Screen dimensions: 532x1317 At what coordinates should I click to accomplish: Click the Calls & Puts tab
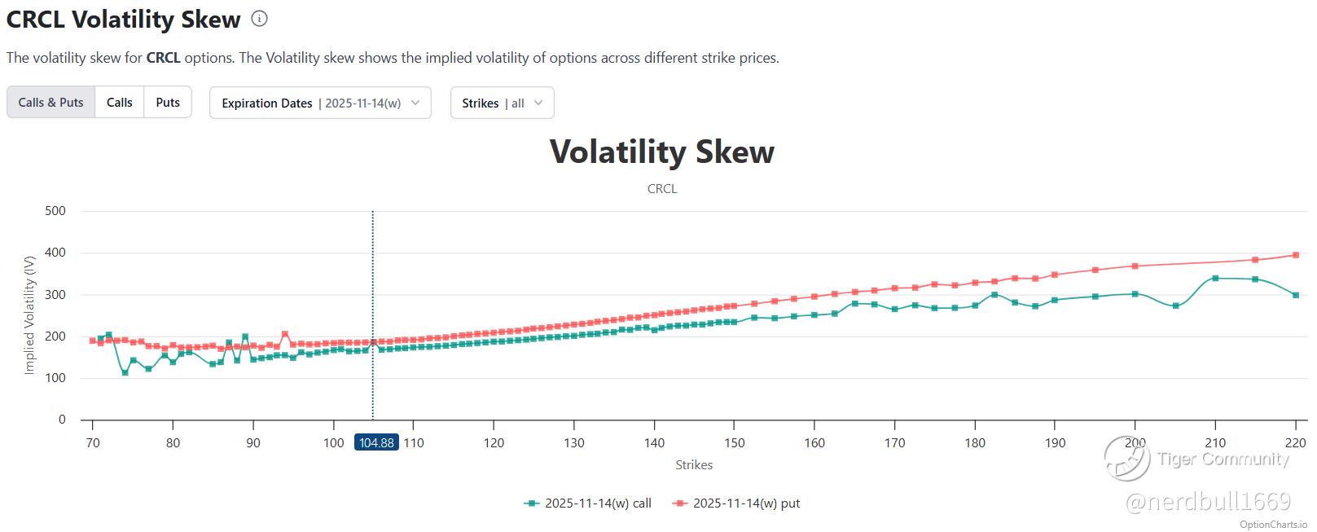point(50,103)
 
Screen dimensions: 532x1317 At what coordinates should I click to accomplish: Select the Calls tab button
point(119,103)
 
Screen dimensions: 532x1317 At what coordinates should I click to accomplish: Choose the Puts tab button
point(168,103)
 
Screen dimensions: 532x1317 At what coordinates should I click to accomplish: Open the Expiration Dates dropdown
point(320,103)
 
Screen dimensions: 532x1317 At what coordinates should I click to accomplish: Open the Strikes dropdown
point(502,103)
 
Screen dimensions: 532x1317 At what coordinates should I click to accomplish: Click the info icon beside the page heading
point(259,19)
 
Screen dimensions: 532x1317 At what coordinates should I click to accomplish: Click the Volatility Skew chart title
point(661,152)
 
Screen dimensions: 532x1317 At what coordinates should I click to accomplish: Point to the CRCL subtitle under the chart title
point(661,188)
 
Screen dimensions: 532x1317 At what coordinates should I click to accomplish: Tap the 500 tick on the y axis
point(55,211)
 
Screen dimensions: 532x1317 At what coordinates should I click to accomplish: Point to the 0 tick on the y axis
point(62,420)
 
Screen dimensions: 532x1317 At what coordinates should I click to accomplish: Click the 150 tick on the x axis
point(734,442)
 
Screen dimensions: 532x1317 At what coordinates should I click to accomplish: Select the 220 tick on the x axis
point(1295,442)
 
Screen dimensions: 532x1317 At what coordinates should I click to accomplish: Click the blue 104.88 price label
point(375,442)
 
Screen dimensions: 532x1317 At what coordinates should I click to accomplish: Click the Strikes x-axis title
point(693,464)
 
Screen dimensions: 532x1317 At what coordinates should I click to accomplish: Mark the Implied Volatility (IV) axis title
point(30,314)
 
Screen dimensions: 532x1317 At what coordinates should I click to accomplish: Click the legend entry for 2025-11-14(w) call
point(588,503)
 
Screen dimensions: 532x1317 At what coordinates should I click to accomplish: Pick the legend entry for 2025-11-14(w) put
point(736,503)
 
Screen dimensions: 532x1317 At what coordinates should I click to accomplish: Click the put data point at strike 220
point(1295,255)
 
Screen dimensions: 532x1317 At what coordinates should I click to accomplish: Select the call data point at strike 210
point(1215,279)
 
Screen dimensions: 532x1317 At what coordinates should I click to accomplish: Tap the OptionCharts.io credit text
point(1273,524)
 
